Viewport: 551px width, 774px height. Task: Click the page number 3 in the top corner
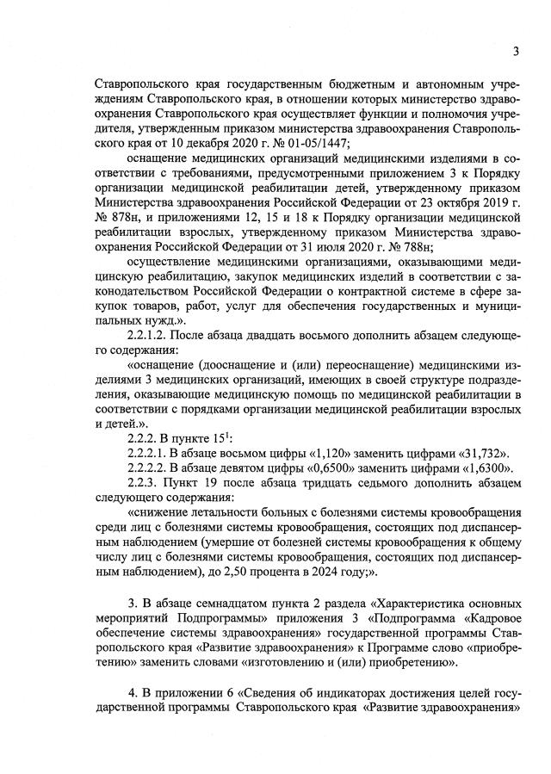click(x=515, y=50)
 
